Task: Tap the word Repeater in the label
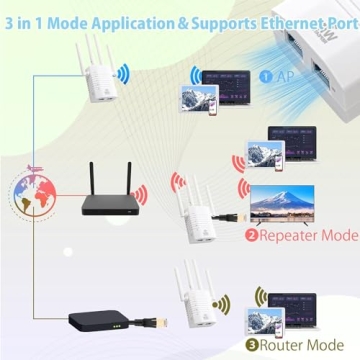pyautogui.click(x=290, y=237)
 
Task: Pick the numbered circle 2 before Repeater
pyautogui.click(x=251, y=237)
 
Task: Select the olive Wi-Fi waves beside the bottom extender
pyautogui.click(x=225, y=301)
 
